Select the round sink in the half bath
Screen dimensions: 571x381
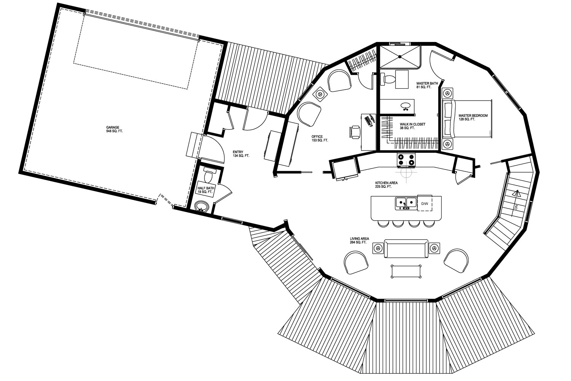point(202,206)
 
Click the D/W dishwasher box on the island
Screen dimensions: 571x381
point(425,203)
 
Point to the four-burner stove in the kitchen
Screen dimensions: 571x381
point(406,160)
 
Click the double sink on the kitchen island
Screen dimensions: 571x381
point(406,203)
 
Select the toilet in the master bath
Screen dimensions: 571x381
point(388,79)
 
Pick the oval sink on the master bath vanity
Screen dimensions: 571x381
point(405,105)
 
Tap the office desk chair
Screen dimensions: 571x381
point(355,132)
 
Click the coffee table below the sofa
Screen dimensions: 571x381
point(406,271)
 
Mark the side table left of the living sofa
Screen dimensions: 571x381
point(378,248)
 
